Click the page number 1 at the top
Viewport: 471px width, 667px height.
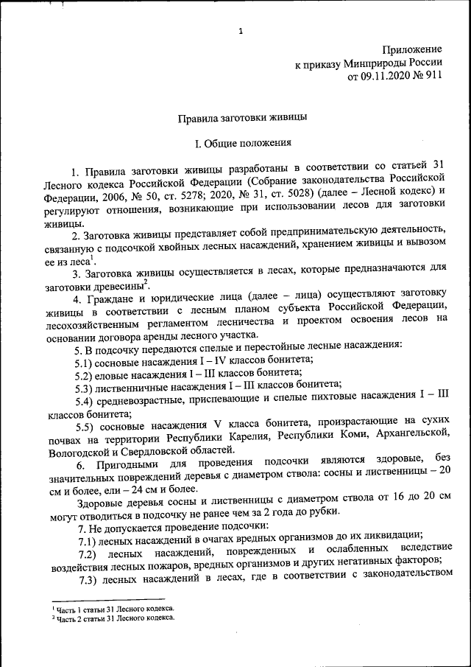241,31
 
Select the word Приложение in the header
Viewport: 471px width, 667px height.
411,50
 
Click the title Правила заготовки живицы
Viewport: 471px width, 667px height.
241,117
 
